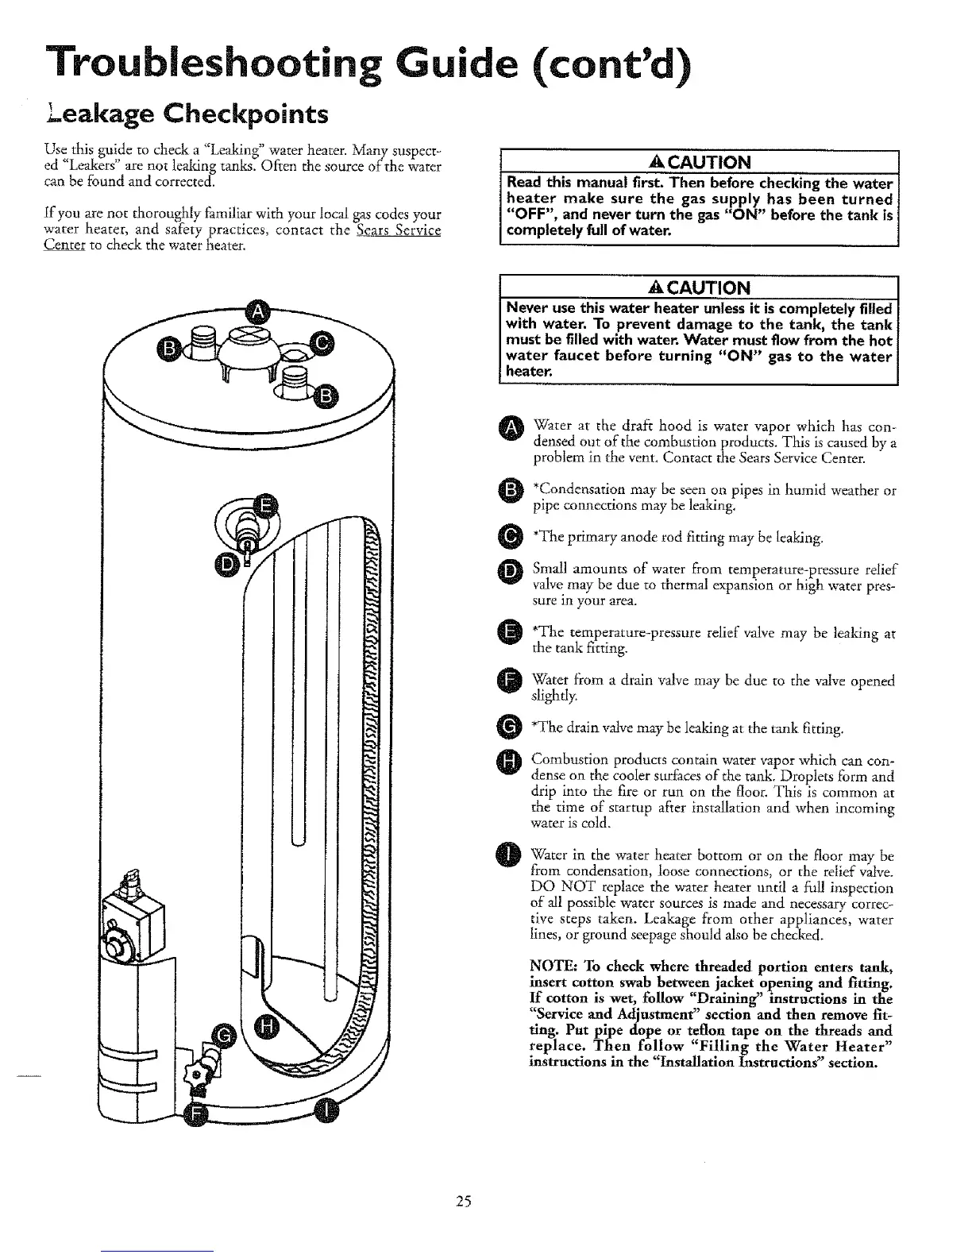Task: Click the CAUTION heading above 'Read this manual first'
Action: point(698,162)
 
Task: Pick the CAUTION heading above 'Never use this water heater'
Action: point(698,286)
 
